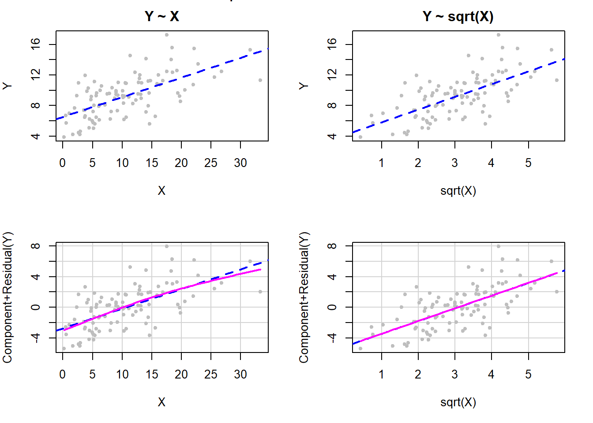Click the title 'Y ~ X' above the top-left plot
coord(161,16)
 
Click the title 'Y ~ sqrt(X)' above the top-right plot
coord(458,16)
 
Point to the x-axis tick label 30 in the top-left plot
coord(240,163)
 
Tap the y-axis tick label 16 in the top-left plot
coord(36,45)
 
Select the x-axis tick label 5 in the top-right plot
coord(528,163)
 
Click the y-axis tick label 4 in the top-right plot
coord(332,136)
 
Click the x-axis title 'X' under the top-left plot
coord(161,191)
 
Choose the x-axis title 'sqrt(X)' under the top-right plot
coord(458,191)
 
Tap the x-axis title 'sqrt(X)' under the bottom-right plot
coord(458,402)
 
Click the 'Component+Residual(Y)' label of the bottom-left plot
coord(8,297)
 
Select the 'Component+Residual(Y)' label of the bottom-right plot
coord(304,297)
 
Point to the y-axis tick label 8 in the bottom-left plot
coord(36,246)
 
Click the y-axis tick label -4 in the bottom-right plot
coord(332,338)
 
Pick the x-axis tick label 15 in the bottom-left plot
coord(152,375)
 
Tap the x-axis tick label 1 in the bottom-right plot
coord(381,375)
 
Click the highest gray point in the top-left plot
coord(166,35)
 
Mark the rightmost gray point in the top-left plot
coord(260,80)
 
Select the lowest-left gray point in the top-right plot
coord(360,137)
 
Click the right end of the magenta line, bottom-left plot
coord(260,269)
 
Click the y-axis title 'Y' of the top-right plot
coord(304,86)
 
